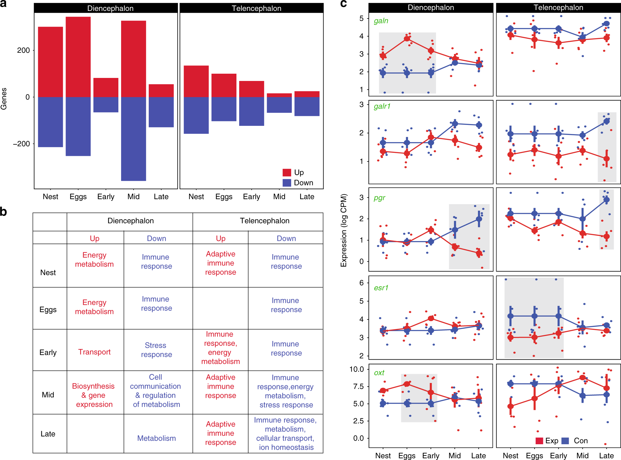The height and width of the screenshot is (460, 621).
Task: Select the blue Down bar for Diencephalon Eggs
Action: point(78,126)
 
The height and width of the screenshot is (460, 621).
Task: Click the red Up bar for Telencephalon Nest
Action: point(196,81)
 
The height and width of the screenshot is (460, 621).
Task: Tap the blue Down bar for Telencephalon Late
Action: point(307,106)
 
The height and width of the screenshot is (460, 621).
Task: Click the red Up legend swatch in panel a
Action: point(287,173)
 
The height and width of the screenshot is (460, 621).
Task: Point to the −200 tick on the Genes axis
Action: point(22,144)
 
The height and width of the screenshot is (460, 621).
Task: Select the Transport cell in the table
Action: point(94,352)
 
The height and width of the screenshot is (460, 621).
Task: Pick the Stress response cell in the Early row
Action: point(156,350)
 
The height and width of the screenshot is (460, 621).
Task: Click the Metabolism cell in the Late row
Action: point(156,438)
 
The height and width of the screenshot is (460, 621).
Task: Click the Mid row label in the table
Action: point(48,395)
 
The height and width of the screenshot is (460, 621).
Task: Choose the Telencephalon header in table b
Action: point(264,221)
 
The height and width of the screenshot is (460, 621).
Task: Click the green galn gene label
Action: point(381,21)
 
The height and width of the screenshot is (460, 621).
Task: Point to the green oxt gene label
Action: point(379,373)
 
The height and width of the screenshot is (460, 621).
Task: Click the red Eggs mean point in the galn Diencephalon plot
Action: point(407,39)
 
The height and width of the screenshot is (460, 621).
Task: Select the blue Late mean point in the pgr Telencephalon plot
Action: point(606,200)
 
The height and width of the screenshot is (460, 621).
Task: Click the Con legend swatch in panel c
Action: point(565,441)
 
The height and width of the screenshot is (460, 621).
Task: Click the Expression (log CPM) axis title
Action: point(344,230)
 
